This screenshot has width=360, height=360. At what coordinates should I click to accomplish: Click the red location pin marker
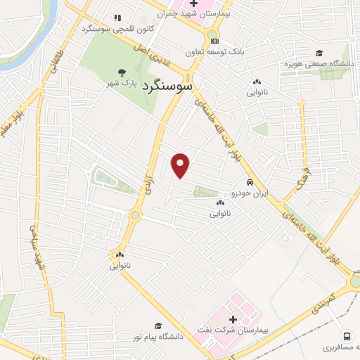coord(181,165)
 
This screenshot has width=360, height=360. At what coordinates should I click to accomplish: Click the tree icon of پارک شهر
coord(122,72)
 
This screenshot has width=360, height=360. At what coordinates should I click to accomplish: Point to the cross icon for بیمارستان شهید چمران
coord(193,4)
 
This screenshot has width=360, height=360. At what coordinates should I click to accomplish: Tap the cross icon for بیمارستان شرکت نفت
coord(233,320)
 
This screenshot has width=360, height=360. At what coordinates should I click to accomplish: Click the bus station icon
coord(347,336)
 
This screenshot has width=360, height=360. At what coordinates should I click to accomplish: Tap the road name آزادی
coord(148,184)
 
